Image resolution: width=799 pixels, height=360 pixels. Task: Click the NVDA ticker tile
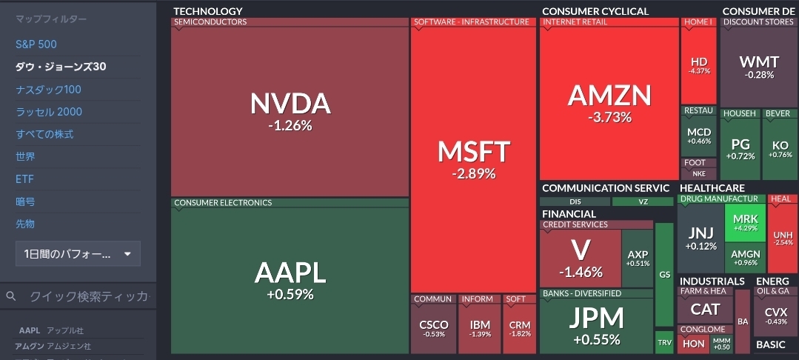[290, 111]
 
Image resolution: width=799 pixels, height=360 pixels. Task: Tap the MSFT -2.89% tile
[474, 159]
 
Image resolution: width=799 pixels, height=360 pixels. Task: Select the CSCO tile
[433, 328]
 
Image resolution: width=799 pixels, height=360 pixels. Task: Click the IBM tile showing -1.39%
[480, 328]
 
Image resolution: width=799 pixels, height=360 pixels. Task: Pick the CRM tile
[520, 328]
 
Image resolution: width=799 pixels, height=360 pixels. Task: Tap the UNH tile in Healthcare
[783, 237]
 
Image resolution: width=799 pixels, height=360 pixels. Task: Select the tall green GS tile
[664, 274]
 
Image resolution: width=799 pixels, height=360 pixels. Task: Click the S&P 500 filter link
[36, 44]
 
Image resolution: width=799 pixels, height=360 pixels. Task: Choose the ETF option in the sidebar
[25, 179]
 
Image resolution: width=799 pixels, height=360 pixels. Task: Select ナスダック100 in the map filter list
[48, 90]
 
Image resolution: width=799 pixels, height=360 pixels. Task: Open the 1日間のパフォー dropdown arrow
[127, 254]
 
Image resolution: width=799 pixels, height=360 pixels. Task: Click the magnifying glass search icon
[11, 296]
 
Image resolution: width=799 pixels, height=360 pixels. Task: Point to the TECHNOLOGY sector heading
[207, 11]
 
